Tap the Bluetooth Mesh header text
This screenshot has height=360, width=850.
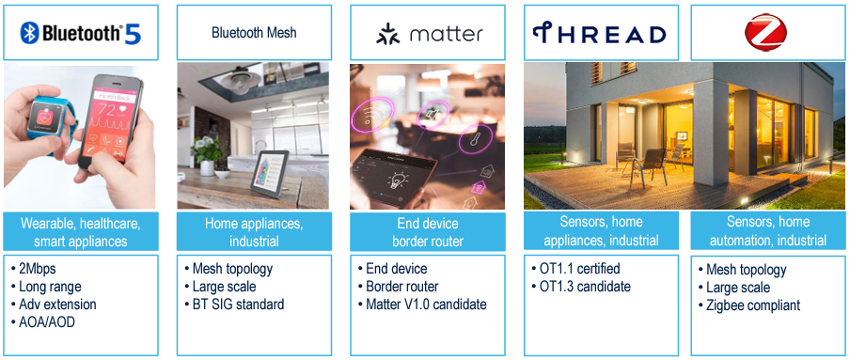pos(254,33)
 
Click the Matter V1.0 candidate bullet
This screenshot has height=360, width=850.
pos(420,304)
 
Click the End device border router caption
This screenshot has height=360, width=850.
pos(427,231)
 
